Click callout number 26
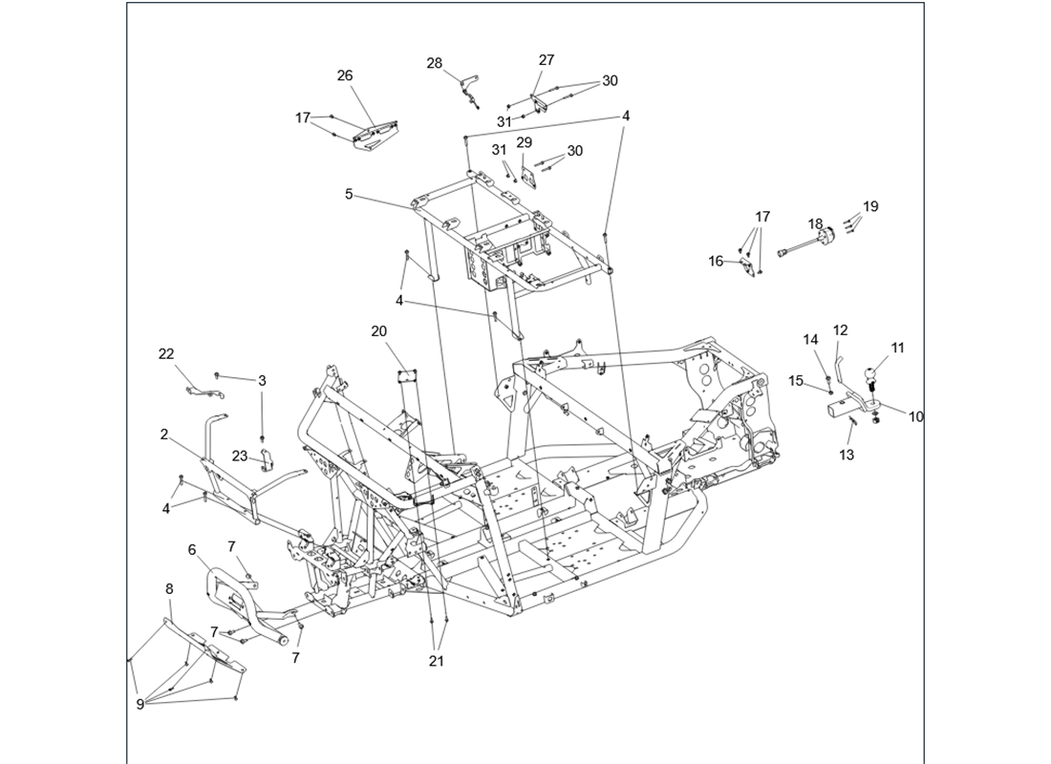click(345, 75)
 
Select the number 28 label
click(435, 63)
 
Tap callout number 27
click(547, 59)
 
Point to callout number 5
click(349, 194)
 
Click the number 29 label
click(525, 142)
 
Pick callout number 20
click(379, 331)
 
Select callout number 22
click(166, 354)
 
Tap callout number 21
click(436, 661)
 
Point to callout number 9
click(139, 704)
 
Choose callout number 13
click(847, 456)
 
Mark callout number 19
click(870, 206)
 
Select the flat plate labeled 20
click(409, 376)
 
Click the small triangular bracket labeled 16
click(746, 263)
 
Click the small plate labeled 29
click(528, 175)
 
